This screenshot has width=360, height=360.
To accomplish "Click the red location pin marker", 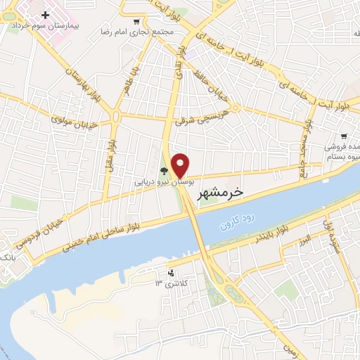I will point(181,165).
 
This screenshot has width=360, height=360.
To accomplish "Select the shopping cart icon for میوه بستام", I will point(343,137).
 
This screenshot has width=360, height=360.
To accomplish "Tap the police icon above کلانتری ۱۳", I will point(170,272).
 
